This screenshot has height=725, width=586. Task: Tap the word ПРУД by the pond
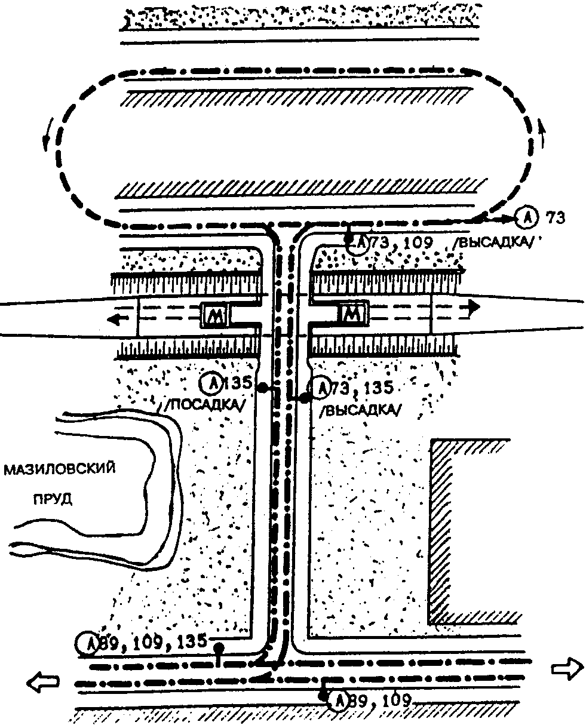point(53,500)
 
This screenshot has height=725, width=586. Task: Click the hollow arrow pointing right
point(567,669)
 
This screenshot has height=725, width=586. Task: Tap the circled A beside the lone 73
point(527,218)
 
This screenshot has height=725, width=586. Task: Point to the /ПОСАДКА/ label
point(205,406)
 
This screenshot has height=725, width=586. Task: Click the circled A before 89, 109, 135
point(88,643)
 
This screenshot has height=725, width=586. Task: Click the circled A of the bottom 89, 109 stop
point(338,700)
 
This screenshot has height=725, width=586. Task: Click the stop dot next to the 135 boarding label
point(263,388)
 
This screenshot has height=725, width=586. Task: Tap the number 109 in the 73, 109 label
point(417,242)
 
